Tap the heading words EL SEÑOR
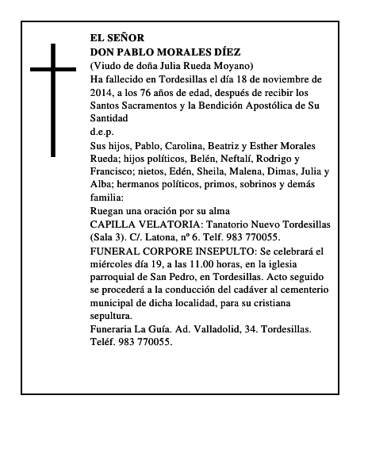118,38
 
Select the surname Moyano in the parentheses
253,65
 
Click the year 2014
104,92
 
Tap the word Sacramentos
157,106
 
